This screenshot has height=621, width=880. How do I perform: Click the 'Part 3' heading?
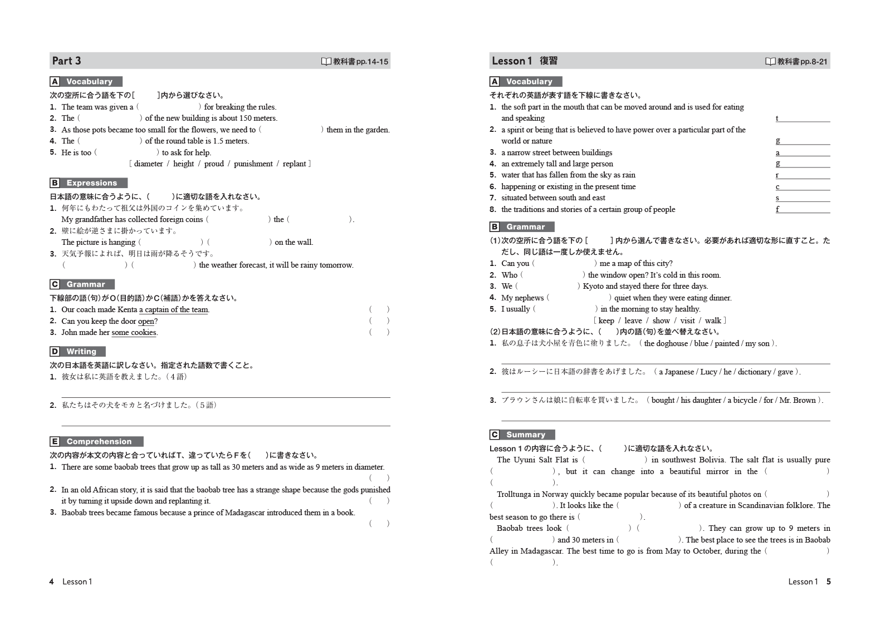click(x=66, y=61)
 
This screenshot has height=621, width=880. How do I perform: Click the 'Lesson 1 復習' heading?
click(x=524, y=61)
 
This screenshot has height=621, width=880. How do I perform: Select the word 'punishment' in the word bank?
click(x=253, y=164)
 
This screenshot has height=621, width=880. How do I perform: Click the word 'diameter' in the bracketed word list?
click(x=148, y=164)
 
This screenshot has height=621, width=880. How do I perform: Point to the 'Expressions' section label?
click(x=91, y=183)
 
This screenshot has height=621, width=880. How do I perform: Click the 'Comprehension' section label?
click(x=99, y=441)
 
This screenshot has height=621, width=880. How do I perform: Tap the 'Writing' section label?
click(x=81, y=351)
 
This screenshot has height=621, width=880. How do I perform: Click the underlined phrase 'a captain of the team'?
click(x=173, y=309)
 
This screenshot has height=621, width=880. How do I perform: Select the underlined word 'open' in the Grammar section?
click(x=146, y=321)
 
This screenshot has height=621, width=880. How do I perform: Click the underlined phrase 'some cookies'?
click(x=134, y=332)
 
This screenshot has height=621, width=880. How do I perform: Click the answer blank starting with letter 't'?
click(x=802, y=118)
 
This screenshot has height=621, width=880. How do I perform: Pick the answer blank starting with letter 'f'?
click(x=802, y=209)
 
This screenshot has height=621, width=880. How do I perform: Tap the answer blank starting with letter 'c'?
click(x=802, y=186)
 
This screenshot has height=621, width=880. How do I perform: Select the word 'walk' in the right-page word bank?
click(x=713, y=321)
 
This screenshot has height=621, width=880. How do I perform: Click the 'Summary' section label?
click(x=525, y=435)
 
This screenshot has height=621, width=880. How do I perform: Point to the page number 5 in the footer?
click(x=828, y=581)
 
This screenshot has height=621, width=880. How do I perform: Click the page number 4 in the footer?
click(x=52, y=581)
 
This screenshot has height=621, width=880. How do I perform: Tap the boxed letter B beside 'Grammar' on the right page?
click(x=495, y=226)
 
